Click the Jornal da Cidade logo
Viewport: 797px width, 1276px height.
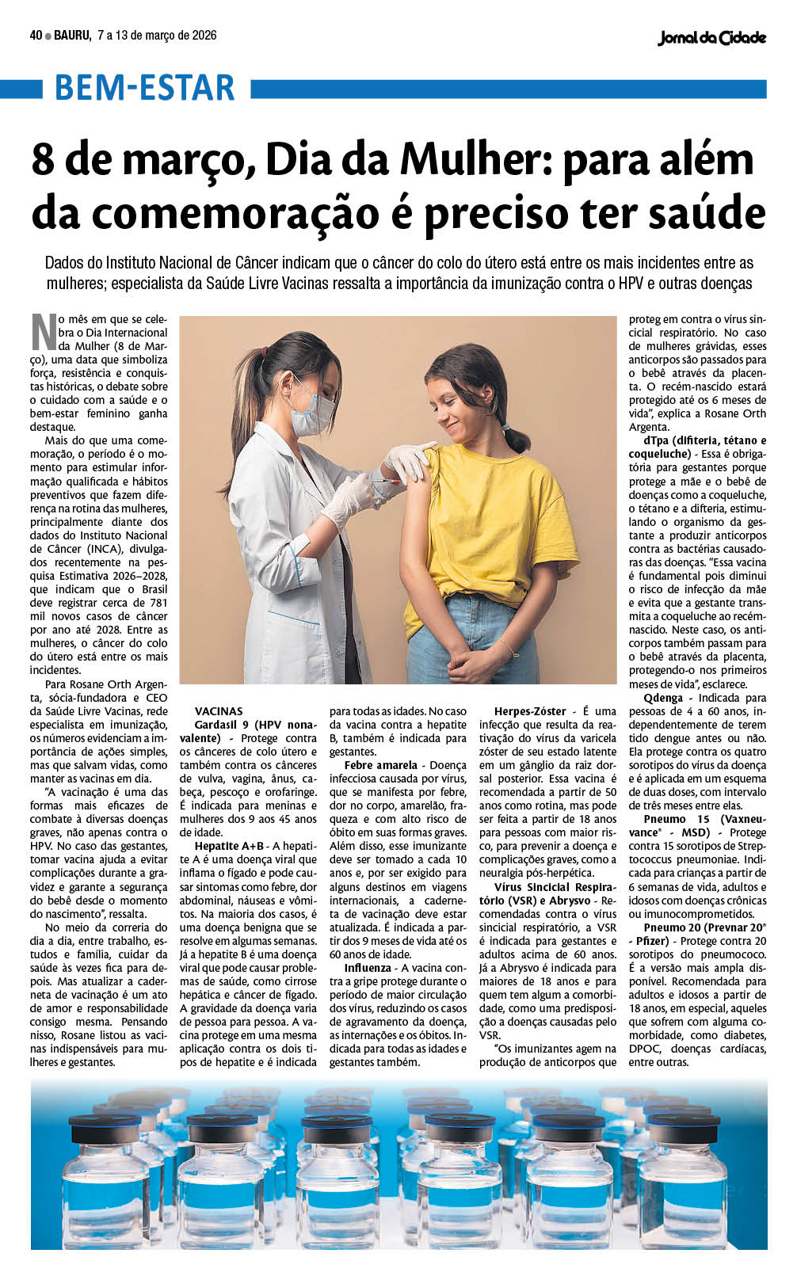(x=711, y=37)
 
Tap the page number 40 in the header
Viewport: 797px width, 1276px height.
(x=36, y=36)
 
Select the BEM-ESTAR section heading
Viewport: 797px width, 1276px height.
(x=145, y=88)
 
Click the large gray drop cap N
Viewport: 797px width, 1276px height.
(x=44, y=331)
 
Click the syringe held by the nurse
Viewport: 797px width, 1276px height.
(x=385, y=481)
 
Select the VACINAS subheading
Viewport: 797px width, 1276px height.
(x=219, y=711)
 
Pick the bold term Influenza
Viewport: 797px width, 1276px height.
(x=368, y=968)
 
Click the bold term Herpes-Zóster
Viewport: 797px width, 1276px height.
(x=530, y=711)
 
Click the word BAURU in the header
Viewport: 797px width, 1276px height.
(x=72, y=36)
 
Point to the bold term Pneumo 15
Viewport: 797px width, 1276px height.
(x=677, y=819)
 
